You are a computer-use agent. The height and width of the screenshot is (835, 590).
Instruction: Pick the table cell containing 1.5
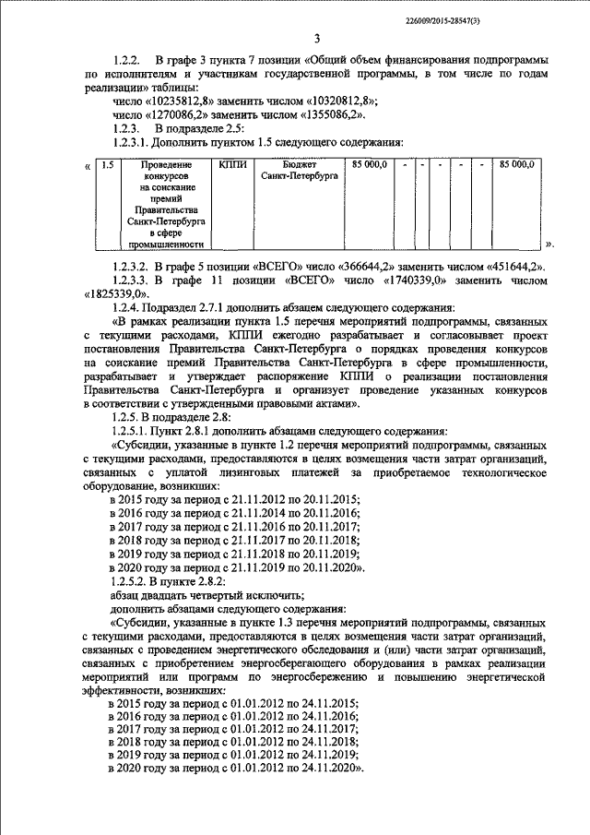tap(107, 165)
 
